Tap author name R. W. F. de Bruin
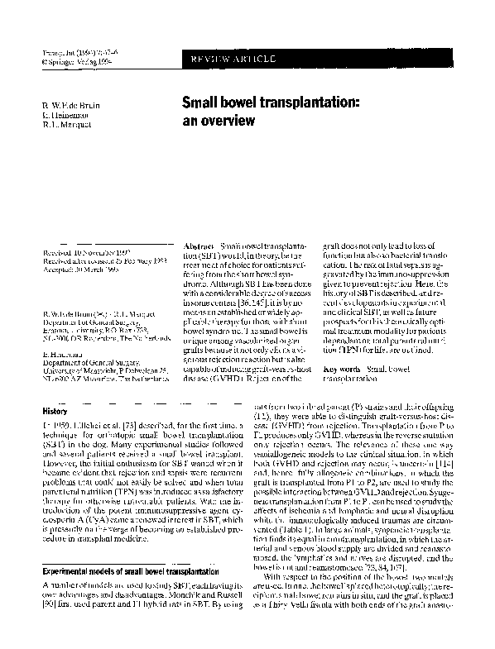[72, 107]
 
